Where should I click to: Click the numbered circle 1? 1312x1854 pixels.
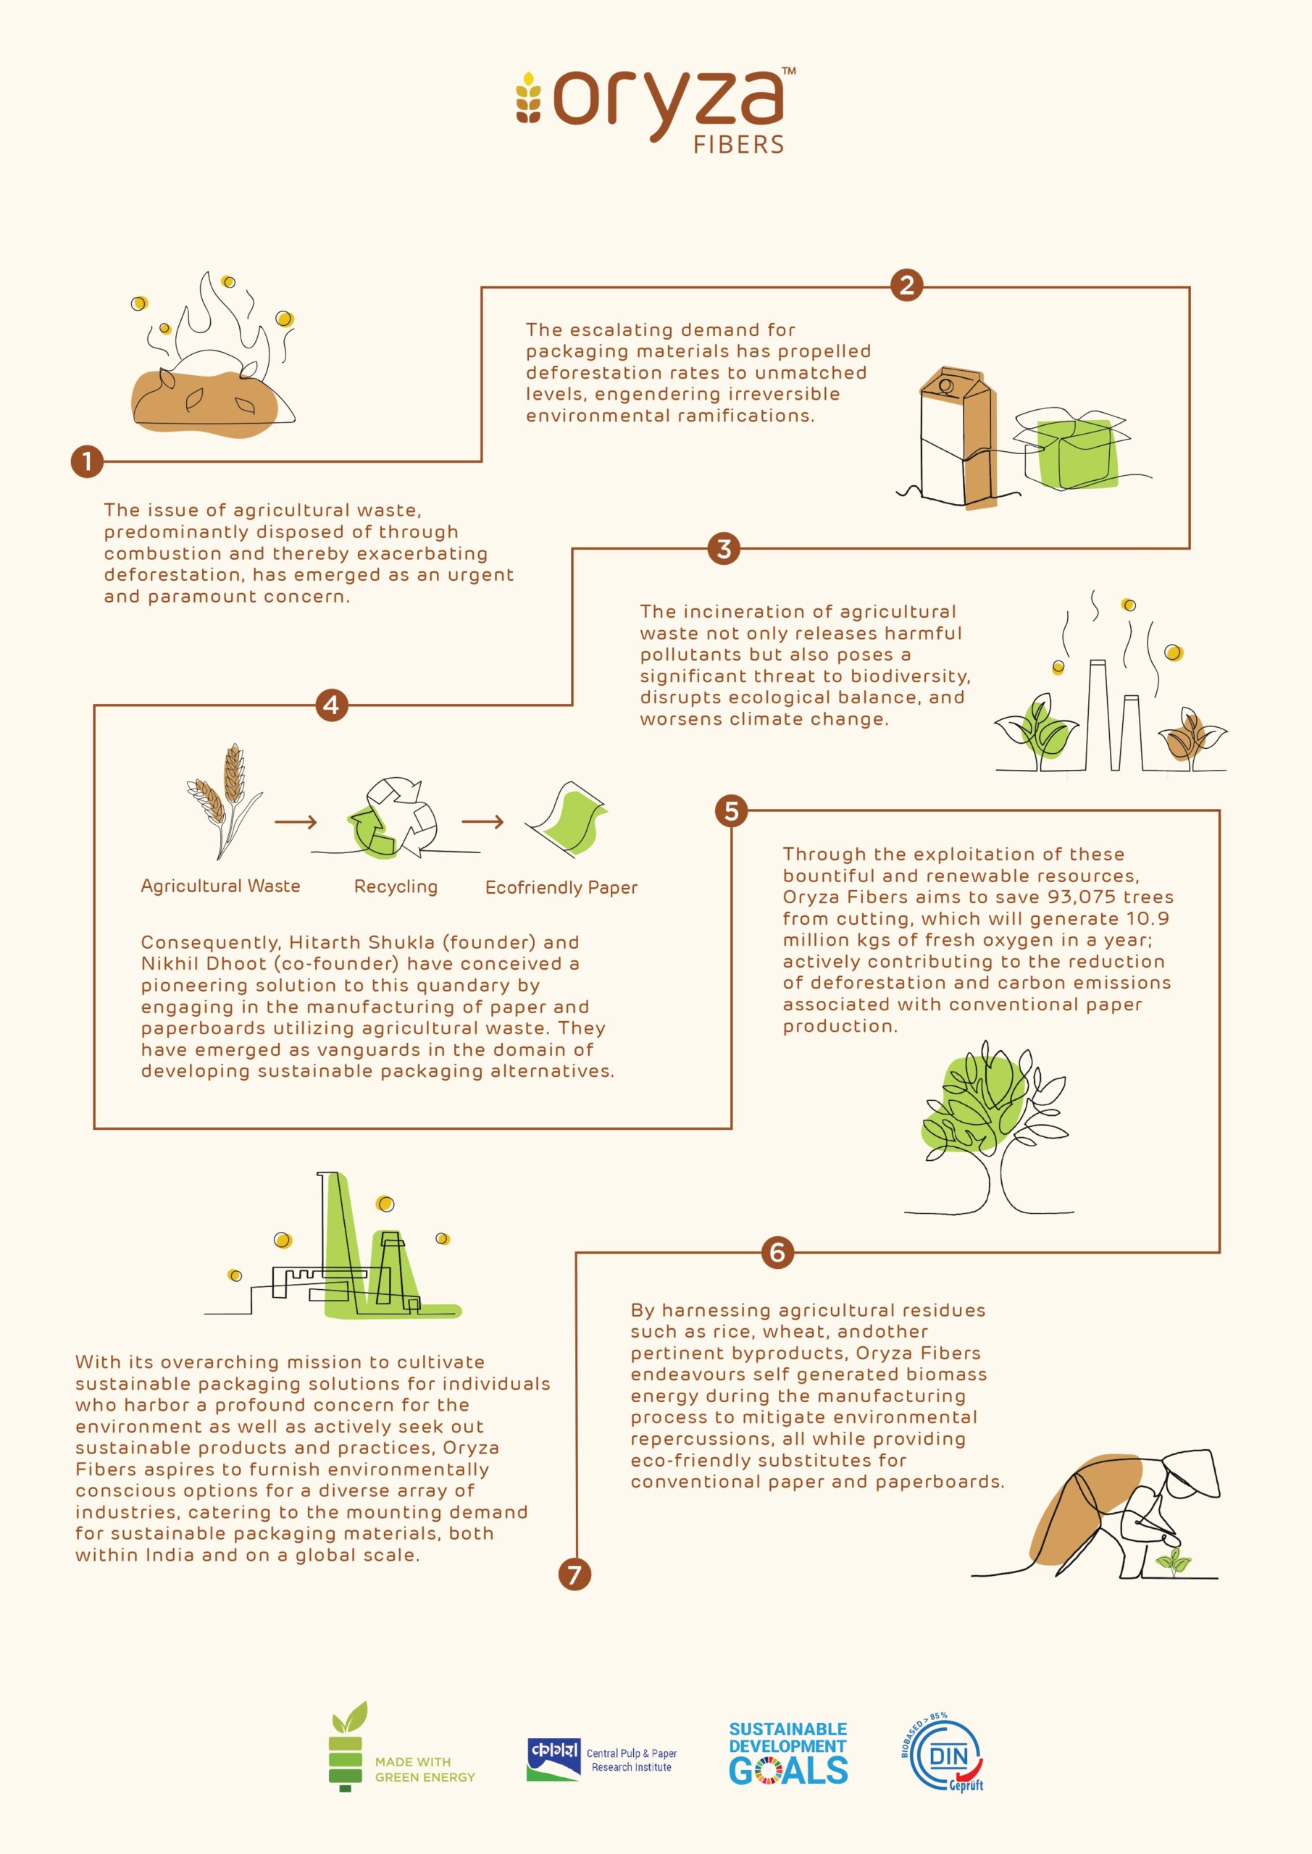87,462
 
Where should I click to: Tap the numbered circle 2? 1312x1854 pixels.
906,285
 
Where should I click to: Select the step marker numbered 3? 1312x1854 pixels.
724,548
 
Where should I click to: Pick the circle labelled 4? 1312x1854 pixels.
331,705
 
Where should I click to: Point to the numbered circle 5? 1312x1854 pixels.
731,810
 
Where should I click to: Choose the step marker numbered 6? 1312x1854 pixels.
777,1251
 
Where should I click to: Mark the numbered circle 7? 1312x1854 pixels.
574,1574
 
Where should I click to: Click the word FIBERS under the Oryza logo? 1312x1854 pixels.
738,145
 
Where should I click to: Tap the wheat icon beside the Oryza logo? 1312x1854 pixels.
529,98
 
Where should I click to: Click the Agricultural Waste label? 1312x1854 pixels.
220,886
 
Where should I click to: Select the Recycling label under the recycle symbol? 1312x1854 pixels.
396,886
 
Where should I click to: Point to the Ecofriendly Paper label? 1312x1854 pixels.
561,887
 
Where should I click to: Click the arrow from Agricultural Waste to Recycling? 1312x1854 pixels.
296,822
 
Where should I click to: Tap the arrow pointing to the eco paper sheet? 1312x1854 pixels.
483,822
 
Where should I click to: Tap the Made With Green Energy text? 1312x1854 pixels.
425,1769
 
